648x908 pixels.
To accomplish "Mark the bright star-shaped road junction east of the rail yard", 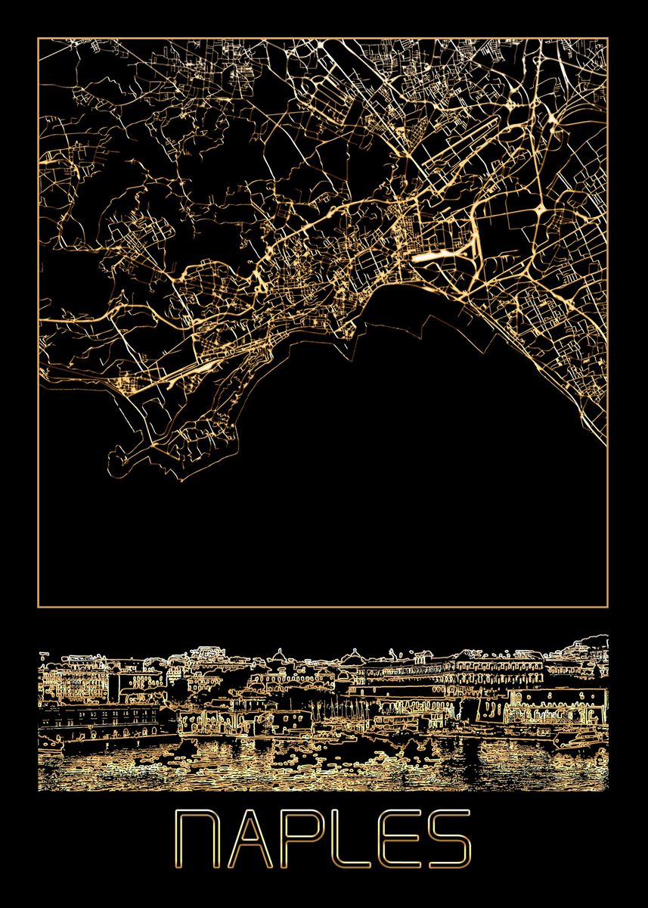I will point(543,207).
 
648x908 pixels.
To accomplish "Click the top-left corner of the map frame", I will point(38,39).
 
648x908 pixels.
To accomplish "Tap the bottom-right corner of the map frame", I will point(608,606).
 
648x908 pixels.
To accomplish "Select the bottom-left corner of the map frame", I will point(38,606).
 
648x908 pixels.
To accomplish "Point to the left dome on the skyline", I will point(278,655).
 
